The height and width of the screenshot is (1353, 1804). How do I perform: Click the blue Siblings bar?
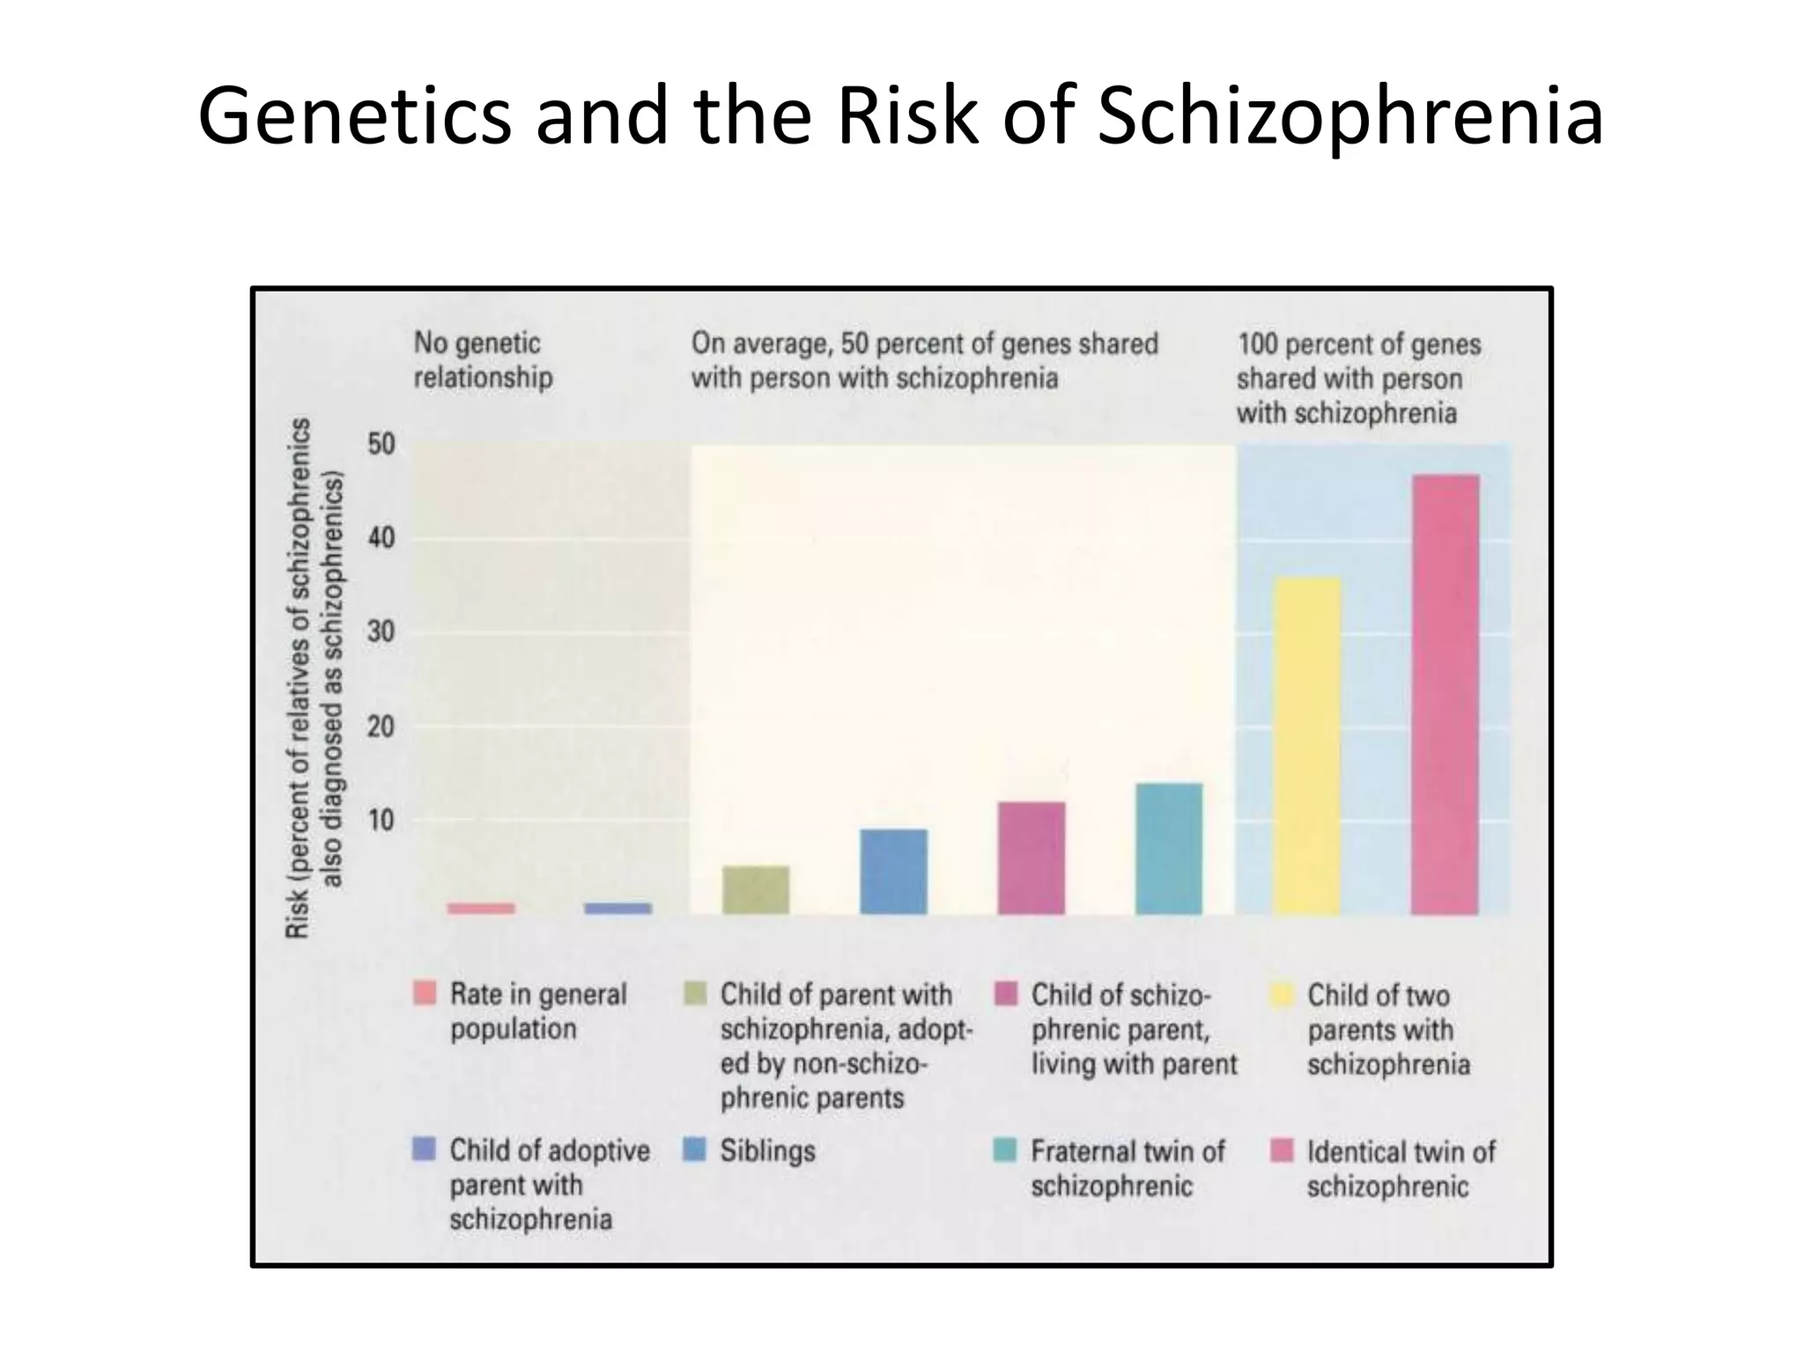(x=893, y=871)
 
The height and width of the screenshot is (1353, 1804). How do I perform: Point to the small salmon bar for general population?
(x=481, y=908)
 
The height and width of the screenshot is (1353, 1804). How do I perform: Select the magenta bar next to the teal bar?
(x=1031, y=858)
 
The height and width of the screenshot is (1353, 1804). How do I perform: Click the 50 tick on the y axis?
(x=381, y=445)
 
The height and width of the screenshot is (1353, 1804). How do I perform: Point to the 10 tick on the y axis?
(x=381, y=821)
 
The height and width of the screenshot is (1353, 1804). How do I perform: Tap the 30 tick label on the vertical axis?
(x=381, y=632)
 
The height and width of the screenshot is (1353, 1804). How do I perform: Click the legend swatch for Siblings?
(x=695, y=1149)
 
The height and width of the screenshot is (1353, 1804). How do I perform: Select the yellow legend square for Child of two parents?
(x=1282, y=994)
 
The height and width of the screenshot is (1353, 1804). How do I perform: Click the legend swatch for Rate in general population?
(x=425, y=994)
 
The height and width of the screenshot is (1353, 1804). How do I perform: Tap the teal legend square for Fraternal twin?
(x=1005, y=1150)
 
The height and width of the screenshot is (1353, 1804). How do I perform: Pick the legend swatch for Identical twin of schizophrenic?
(x=1282, y=1150)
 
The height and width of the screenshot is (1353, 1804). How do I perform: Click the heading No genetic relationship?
(x=484, y=360)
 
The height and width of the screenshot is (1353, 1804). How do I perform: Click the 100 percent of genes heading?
(x=1358, y=379)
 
